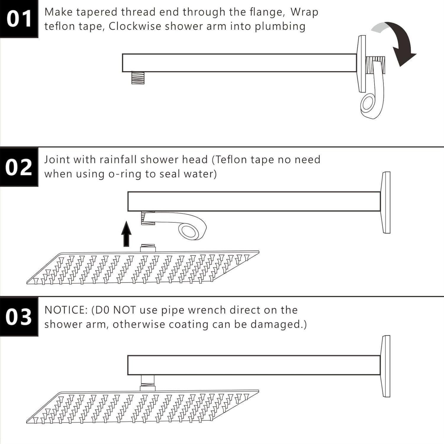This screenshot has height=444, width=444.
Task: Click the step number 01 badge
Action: [19, 19]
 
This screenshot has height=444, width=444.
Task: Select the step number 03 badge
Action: [19, 316]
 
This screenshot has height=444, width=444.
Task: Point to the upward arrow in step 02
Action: [126, 234]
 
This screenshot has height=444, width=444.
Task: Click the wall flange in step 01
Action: [362, 63]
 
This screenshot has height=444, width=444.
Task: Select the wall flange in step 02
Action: [385, 202]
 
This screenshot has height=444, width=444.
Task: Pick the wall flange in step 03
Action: [385, 366]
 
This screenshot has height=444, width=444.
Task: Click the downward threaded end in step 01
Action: [138, 78]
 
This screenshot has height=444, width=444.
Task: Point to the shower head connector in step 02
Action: [148, 248]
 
